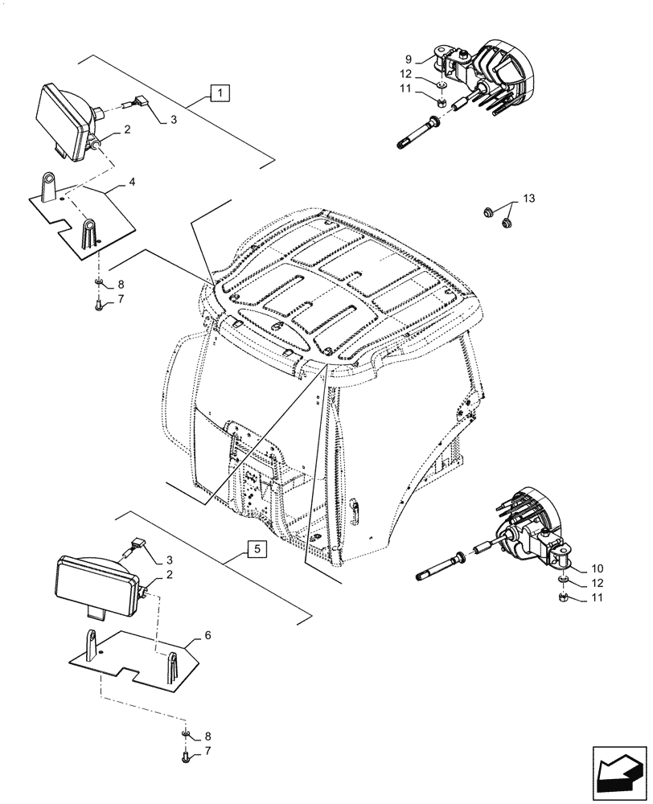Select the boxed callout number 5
click(255, 550)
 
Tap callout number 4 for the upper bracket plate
click(132, 183)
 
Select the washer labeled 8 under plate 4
click(98, 284)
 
